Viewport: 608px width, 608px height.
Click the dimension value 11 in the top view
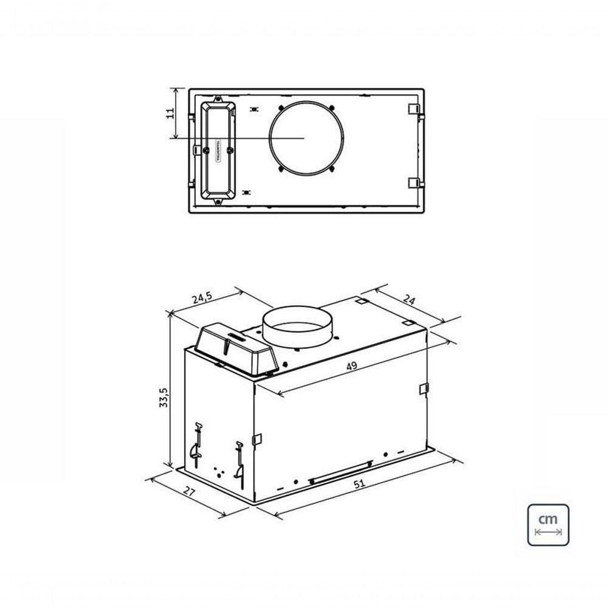[171, 112]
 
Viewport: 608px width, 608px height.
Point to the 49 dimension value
[351, 366]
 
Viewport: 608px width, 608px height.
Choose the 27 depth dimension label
[190, 492]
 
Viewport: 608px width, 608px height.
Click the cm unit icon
[548, 524]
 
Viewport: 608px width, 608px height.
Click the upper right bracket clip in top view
[413, 110]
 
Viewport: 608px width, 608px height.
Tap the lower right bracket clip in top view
[413, 182]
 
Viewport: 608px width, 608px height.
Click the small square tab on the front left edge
[257, 438]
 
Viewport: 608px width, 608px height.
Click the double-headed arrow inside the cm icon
[548, 532]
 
